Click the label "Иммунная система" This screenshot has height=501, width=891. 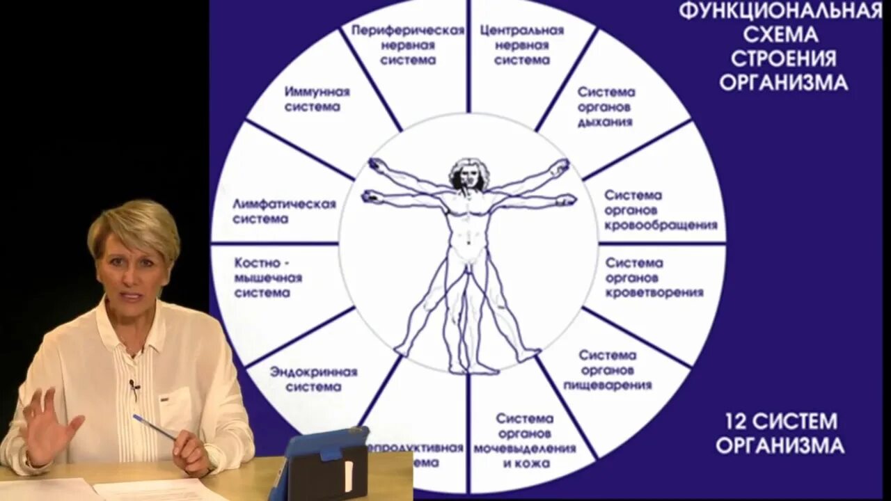tap(317, 100)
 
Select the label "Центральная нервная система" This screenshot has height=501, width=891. tap(522, 45)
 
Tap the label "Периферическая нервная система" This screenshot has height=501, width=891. tap(408, 45)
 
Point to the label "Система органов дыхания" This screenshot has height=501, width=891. tap(606, 106)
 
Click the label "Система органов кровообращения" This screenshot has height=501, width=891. tap(660, 210)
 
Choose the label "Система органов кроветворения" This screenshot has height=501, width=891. tap(654, 278)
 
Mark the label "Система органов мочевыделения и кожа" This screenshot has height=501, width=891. tap(525, 440)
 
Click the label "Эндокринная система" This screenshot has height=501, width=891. tap(313, 379)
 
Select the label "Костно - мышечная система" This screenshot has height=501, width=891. tap(269, 278)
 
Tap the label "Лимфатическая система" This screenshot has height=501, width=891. tap(284, 211)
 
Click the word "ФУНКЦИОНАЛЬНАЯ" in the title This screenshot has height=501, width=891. tap(780, 12)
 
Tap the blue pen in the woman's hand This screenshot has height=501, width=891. tap(154, 426)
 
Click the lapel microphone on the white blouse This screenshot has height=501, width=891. tap(134, 385)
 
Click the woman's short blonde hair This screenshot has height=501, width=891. tap(134, 223)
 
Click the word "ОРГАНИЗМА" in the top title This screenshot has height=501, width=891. tap(783, 83)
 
